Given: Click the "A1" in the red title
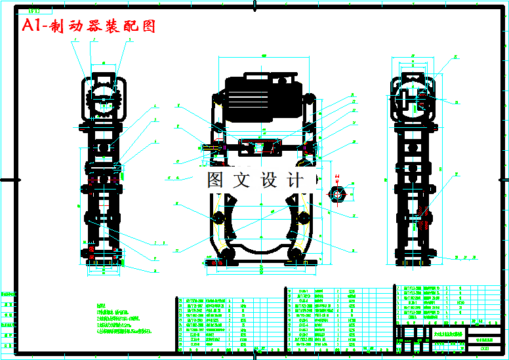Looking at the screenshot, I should coord(32,26).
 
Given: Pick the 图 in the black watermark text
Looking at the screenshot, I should coord(216,179).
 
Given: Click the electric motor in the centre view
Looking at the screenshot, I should coord(261,97).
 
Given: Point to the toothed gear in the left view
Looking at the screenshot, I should coord(104,102).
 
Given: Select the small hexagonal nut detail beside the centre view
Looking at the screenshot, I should coord(338,195).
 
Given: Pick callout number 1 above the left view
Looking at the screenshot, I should coord(75,40).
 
